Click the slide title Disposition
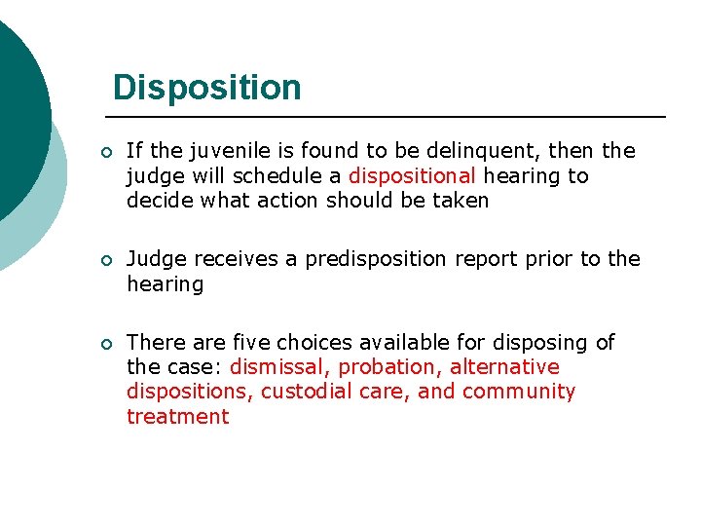pos(206,88)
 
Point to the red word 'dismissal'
pos(277,367)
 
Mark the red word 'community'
pos(519,392)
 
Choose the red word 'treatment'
pos(177,417)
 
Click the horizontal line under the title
pos(389,117)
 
